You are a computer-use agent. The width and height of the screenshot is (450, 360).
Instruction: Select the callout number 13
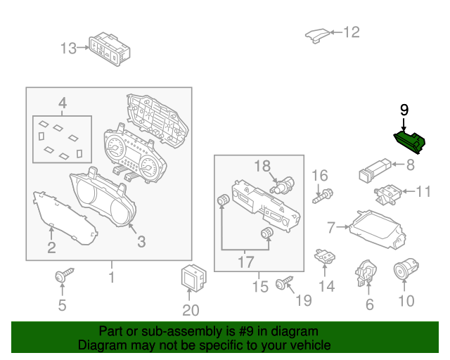[x=68, y=49]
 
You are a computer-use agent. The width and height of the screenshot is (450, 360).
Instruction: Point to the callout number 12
[x=350, y=32]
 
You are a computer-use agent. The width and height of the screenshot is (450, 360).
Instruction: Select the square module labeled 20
[x=191, y=277]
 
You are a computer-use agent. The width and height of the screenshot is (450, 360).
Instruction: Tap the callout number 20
[x=191, y=310]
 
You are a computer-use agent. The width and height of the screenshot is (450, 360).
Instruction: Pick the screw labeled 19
[x=284, y=283]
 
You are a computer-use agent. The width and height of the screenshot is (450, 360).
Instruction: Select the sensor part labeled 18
[x=283, y=188]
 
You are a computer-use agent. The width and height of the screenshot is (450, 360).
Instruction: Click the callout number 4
[x=62, y=104]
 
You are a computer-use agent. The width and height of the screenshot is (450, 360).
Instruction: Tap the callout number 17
[x=245, y=263]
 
